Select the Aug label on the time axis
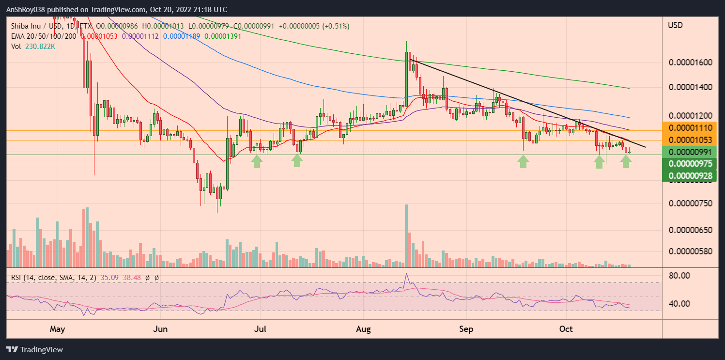click(x=363, y=329)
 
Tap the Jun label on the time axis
click(x=160, y=329)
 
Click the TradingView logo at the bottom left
click(x=35, y=349)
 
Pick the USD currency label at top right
click(x=675, y=25)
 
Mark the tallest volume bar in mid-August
click(x=406, y=235)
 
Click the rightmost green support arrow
click(x=626, y=162)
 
